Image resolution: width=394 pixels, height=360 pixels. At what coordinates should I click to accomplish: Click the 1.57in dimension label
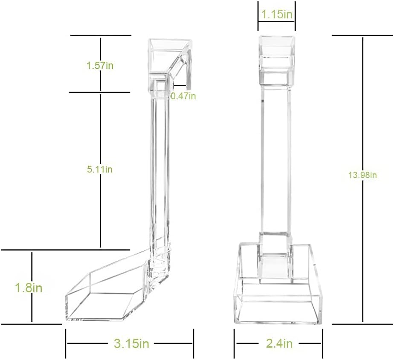[x=100, y=66]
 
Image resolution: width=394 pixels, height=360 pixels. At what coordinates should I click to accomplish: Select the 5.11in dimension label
[x=100, y=170]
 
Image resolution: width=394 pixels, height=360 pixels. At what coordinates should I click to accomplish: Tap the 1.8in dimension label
[x=29, y=288]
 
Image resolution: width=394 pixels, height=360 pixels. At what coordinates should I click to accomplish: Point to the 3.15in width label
[x=132, y=343]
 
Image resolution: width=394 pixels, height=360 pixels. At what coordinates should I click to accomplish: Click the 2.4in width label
[x=279, y=343]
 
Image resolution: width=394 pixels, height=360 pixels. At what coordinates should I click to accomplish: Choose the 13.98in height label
[x=362, y=175]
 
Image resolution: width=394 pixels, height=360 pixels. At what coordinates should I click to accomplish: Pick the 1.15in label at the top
[x=277, y=14]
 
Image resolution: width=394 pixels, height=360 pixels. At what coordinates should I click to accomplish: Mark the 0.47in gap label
[x=183, y=96]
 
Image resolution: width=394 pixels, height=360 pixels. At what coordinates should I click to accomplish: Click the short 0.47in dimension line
[x=180, y=86]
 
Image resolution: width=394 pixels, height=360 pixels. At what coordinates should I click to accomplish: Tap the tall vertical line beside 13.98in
[x=362, y=179]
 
